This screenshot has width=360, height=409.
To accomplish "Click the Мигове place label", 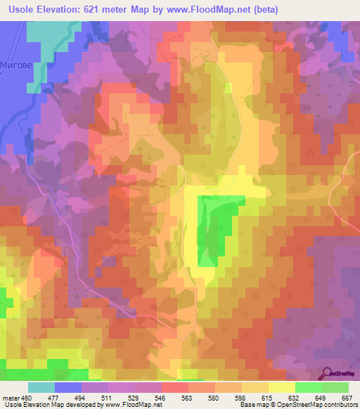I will point(18,63).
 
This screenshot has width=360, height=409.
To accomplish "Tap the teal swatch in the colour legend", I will point(41,387).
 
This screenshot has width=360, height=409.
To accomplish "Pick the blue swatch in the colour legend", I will point(67,387).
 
